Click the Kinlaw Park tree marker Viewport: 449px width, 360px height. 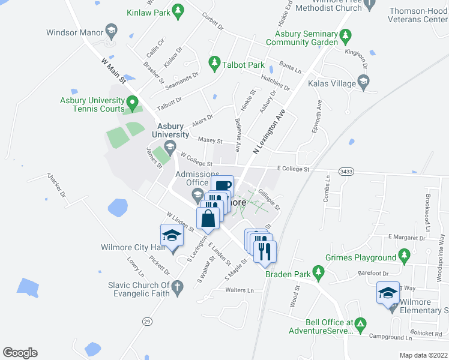pos(178,10)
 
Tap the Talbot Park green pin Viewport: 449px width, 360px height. pos(214,62)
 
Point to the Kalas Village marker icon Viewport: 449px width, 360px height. pos(363,81)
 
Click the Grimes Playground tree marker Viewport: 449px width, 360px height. pos(405,257)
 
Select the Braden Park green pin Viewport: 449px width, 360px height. pos(319,275)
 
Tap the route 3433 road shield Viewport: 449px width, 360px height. pos(346,172)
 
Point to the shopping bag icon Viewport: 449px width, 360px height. pos(208,218)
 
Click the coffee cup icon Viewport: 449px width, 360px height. pos(222,186)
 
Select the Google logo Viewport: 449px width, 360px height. pos(20,353)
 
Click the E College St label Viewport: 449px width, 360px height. pos(292,170)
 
